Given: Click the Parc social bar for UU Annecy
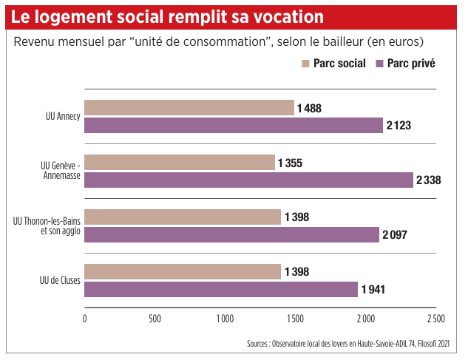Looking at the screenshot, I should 189,108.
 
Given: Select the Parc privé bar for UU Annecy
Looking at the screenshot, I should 234,125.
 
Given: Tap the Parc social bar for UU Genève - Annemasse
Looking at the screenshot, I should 180,163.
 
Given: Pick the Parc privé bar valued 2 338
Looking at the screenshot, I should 248,180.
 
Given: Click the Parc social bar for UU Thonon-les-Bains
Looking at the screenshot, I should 183,217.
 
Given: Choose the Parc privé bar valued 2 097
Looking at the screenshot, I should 231,234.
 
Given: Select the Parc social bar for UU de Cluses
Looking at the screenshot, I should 183,271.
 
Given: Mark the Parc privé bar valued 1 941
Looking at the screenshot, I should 221,288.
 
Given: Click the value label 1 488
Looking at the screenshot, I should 309,109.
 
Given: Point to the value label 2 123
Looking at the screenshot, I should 399,126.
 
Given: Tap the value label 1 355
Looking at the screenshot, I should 290,163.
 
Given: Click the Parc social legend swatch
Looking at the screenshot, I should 305,64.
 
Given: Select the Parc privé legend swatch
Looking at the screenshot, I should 379,64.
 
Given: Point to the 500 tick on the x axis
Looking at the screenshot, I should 155,319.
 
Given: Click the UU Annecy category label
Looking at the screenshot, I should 63,117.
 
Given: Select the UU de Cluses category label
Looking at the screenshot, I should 60,280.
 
